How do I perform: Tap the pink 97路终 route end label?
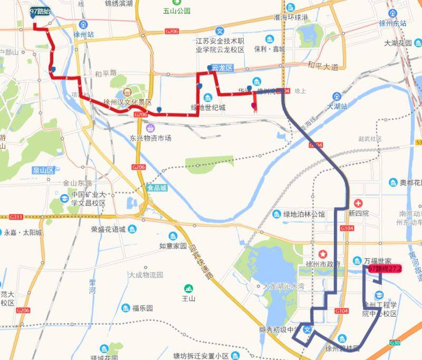(x=385, y=269)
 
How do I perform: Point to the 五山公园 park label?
(x=176, y=11)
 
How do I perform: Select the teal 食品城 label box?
(x=157, y=188)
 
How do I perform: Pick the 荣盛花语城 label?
(x=108, y=229)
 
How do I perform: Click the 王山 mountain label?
(x=188, y=298)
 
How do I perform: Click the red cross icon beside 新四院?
(x=359, y=203)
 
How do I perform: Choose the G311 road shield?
(x=16, y=217)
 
